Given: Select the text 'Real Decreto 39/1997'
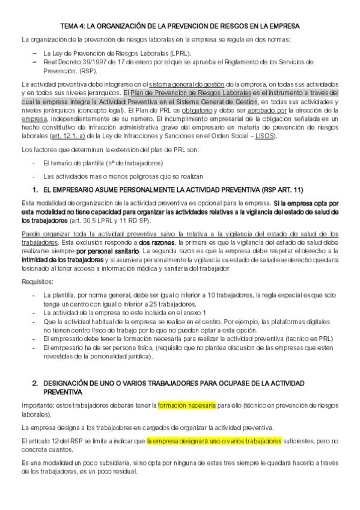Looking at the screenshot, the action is pyautogui.click(x=72, y=61).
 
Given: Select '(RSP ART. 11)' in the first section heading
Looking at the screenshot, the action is pyautogui.click(x=281, y=190).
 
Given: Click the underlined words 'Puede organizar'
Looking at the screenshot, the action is pyautogui.click(x=43, y=233).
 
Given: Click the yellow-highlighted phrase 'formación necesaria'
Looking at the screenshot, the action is pyautogui.click(x=187, y=405).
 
